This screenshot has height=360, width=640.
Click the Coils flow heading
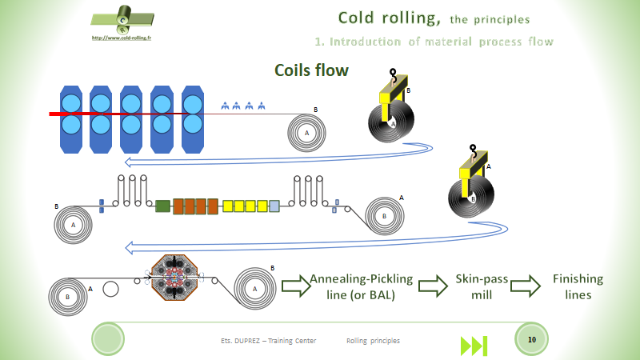click(311, 70)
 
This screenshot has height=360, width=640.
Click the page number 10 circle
click(531, 340)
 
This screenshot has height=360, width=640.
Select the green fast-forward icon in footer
click(474, 346)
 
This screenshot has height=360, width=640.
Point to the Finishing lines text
click(578, 286)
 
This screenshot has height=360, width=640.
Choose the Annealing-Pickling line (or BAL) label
click(361, 286)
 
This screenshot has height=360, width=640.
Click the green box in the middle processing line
click(162, 206)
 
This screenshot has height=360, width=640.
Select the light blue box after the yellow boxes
click(274, 206)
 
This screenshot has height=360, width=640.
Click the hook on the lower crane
click(472, 149)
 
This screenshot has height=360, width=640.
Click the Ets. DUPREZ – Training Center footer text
click(268, 341)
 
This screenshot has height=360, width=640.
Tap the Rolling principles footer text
click(373, 341)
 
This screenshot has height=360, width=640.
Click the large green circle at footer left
click(108, 339)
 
